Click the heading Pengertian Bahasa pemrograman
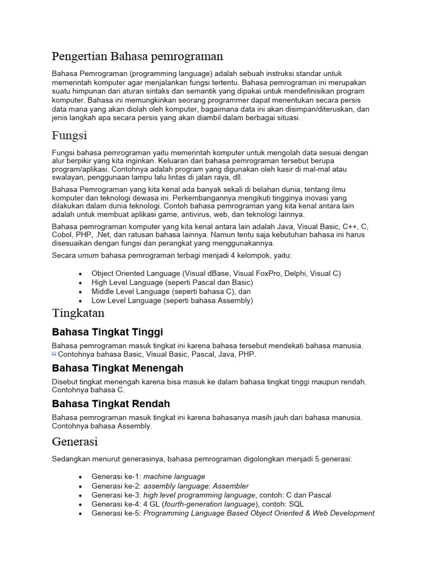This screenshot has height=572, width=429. [137, 56]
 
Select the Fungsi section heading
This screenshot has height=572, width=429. [69, 136]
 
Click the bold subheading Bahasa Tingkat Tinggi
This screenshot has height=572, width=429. [107, 332]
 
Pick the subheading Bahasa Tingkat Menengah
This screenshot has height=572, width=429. [117, 368]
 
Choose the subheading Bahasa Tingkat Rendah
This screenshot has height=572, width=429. [111, 404]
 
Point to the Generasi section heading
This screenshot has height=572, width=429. [75, 441]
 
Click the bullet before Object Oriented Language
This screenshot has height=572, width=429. [81, 274]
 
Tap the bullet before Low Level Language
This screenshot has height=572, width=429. [81, 301]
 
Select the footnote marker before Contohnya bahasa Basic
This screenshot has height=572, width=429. [54, 354]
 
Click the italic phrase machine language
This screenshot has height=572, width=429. [174, 477]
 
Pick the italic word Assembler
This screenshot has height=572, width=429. [231, 486]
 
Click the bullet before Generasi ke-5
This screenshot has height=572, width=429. [81, 513]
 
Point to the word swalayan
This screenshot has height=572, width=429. [69, 178]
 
